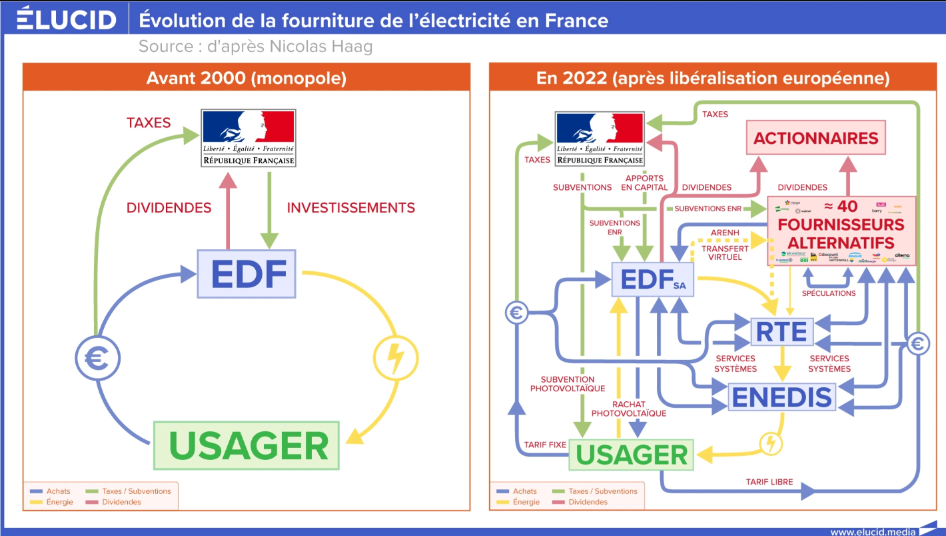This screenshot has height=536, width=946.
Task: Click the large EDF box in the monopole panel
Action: [x=246, y=273]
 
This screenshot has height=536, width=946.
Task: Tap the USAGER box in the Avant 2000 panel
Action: [x=246, y=445]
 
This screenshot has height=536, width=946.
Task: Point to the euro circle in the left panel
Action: [x=97, y=359]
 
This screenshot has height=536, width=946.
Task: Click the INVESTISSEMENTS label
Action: [x=350, y=208]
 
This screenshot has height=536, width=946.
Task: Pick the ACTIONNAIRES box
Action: [x=816, y=138]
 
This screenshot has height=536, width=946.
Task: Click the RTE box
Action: [x=782, y=331]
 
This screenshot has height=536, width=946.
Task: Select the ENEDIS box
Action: [x=782, y=397]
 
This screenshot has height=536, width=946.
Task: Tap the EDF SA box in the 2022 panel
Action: [x=653, y=279]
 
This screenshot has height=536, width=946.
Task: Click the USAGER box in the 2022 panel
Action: [x=631, y=455]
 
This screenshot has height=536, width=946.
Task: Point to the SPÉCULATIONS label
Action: [x=829, y=293]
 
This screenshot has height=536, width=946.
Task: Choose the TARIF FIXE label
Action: [x=544, y=445]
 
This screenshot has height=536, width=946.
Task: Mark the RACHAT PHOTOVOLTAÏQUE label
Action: [x=629, y=409]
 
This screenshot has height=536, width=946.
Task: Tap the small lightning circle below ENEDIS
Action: [x=771, y=443]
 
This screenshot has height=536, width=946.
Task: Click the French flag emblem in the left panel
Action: [x=248, y=139]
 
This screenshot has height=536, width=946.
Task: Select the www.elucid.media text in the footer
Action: [x=872, y=531]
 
